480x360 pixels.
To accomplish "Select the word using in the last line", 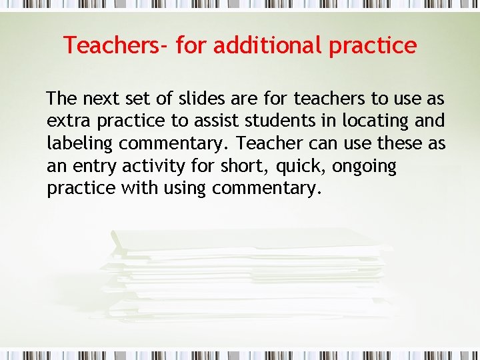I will click(182, 189).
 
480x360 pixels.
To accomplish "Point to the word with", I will click(137, 189).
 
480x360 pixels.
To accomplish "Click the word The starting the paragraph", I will click(61, 99).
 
